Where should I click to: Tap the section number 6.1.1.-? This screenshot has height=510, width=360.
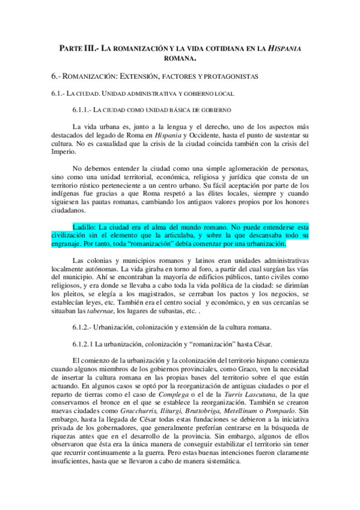point(85,109)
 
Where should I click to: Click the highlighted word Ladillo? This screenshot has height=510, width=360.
point(84,227)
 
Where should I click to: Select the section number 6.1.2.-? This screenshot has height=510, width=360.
point(85,328)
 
